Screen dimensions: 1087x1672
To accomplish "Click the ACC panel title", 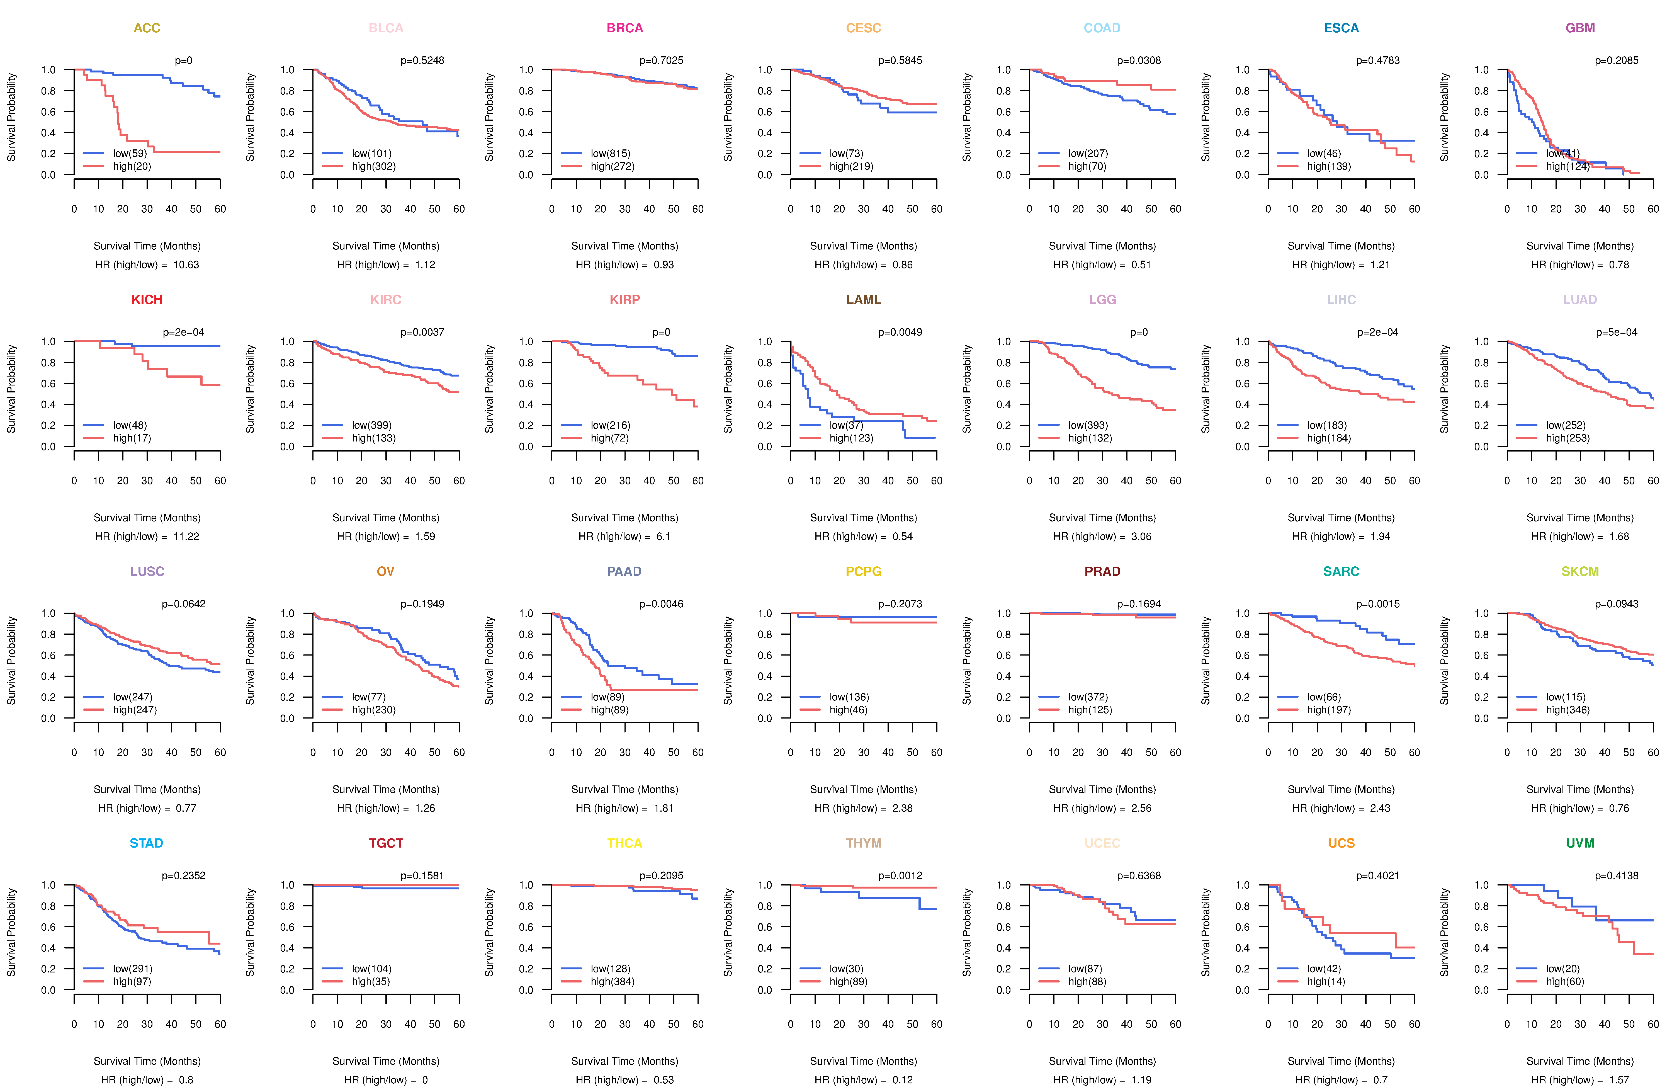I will click(x=147, y=28).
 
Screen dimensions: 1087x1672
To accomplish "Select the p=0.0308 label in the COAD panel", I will click(x=1139, y=60).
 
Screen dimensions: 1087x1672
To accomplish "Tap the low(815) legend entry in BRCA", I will click(x=610, y=153).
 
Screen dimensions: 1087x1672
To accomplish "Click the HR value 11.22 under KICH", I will click(x=186, y=536).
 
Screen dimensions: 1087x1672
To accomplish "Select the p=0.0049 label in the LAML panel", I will click(x=900, y=332).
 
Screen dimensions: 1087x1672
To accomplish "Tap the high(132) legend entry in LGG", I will click(x=1090, y=438).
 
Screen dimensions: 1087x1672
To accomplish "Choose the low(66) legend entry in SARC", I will click(x=1324, y=697).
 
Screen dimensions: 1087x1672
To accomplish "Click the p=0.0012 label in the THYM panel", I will click(x=900, y=875).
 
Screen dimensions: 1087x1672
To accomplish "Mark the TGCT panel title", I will click(x=386, y=843).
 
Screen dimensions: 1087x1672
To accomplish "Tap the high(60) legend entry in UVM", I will click(x=1564, y=982).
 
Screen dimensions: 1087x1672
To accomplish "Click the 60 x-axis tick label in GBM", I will click(x=1653, y=209).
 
